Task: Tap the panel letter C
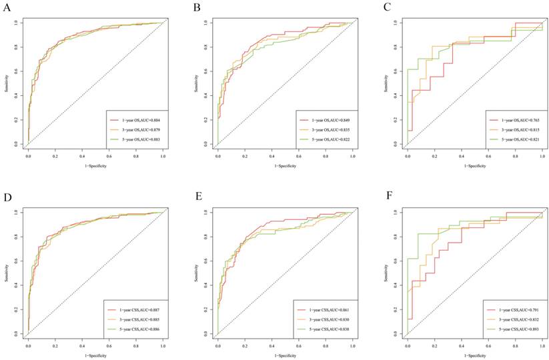tap(388, 8)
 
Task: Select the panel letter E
tap(198, 197)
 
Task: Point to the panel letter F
tap(388, 198)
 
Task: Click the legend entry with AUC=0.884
tap(136, 112)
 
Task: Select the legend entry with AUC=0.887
tap(137, 311)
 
